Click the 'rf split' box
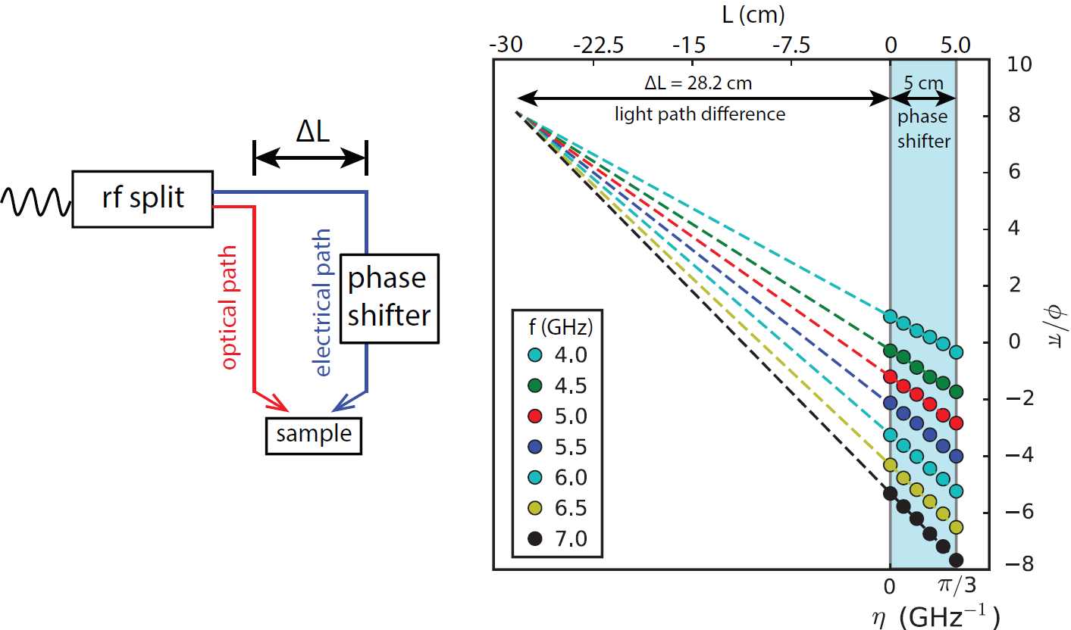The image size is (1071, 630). point(142,198)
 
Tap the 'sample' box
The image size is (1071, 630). point(314,435)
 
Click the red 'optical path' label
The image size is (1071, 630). point(230,307)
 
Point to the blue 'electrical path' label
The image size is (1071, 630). point(323,307)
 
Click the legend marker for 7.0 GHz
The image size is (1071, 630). point(535,539)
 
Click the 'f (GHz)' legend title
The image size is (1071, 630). point(556,327)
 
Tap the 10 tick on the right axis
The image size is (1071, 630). point(1020,64)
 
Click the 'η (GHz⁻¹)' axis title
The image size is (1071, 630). point(935,616)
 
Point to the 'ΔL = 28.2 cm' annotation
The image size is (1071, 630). point(699,83)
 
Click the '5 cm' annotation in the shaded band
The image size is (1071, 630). point(922,83)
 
